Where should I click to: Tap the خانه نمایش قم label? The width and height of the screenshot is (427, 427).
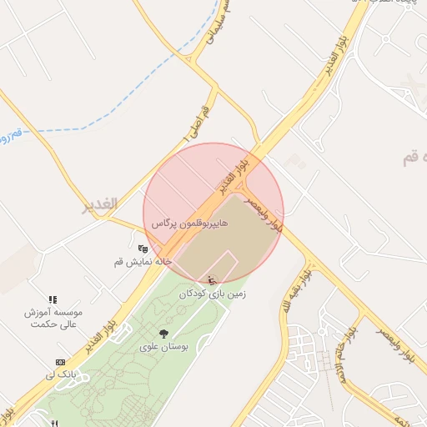pos(143,262)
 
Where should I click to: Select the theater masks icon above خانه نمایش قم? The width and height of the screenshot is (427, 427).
pos(143,248)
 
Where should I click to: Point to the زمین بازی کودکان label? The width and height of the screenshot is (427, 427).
pos(213,294)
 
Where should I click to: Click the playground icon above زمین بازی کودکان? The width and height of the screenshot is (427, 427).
pos(212,279)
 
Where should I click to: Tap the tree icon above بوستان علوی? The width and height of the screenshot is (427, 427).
pos(163,333)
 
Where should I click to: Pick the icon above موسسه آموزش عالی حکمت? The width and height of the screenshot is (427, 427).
pos(53,299)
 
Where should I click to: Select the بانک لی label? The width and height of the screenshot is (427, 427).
pos(62,375)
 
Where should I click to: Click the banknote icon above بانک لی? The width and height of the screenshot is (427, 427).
pos(60,362)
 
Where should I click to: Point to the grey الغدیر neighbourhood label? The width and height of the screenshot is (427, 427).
pos(99,204)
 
